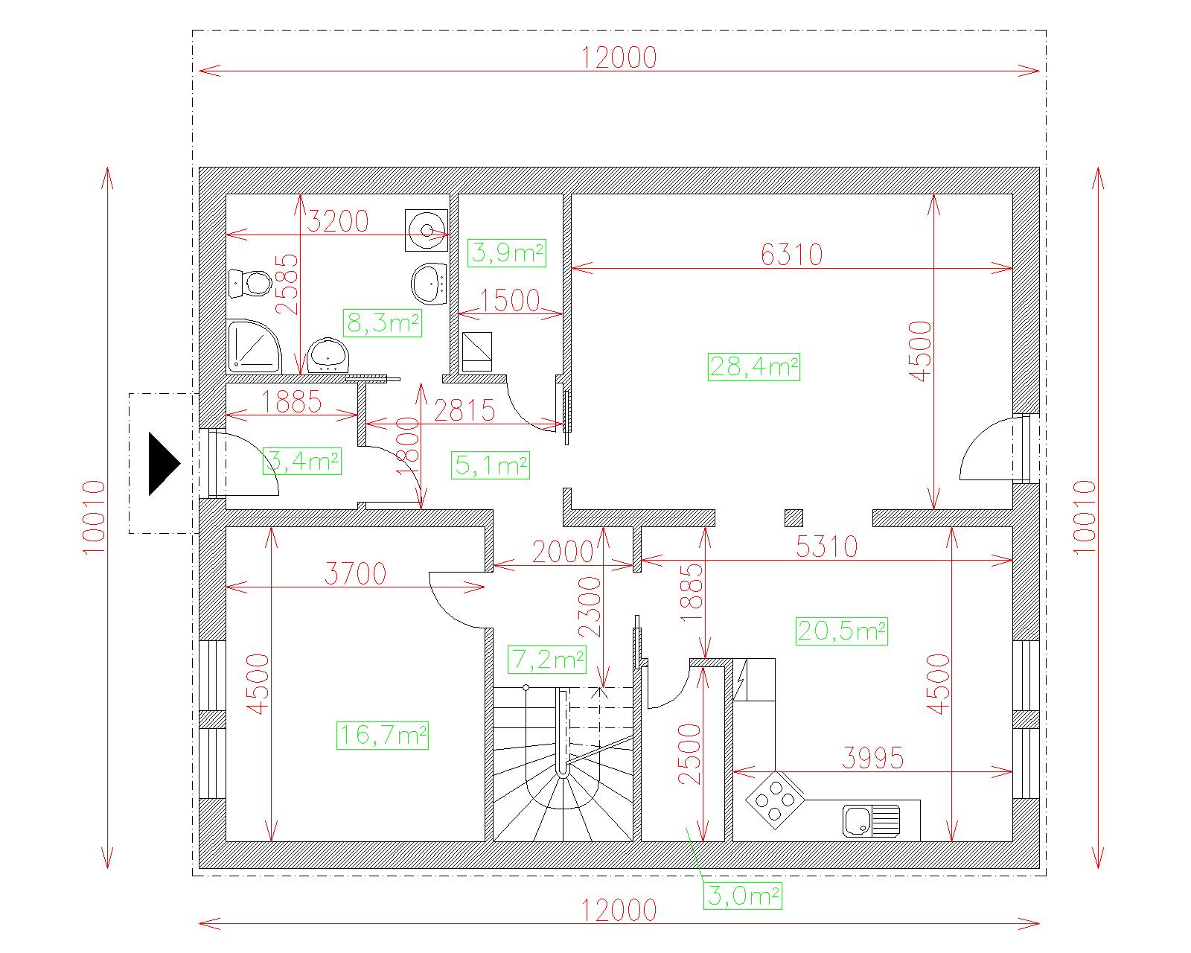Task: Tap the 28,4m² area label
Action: pyautogui.click(x=754, y=366)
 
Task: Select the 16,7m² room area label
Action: pyautogui.click(x=383, y=736)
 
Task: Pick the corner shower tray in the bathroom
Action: pyautogui.click(x=254, y=346)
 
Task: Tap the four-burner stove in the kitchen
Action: pyautogui.click(x=775, y=800)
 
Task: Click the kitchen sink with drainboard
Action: pyautogui.click(x=871, y=820)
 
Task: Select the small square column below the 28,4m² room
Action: pyautogui.click(x=794, y=517)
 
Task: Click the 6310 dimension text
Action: pyautogui.click(x=791, y=255)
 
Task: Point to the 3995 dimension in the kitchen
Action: pyautogui.click(x=872, y=758)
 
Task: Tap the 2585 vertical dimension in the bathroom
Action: pyautogui.click(x=287, y=284)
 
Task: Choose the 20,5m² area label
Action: pyautogui.click(x=842, y=631)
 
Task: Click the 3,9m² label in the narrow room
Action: pyautogui.click(x=507, y=253)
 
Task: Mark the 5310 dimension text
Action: pyautogui.click(x=827, y=546)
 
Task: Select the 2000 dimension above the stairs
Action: pyautogui.click(x=563, y=552)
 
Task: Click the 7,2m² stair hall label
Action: pyautogui.click(x=547, y=660)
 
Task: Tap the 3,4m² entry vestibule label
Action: pyautogui.click(x=302, y=462)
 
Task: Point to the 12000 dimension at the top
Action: pyautogui.click(x=619, y=57)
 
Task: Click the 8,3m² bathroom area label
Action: pyautogui.click(x=383, y=323)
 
